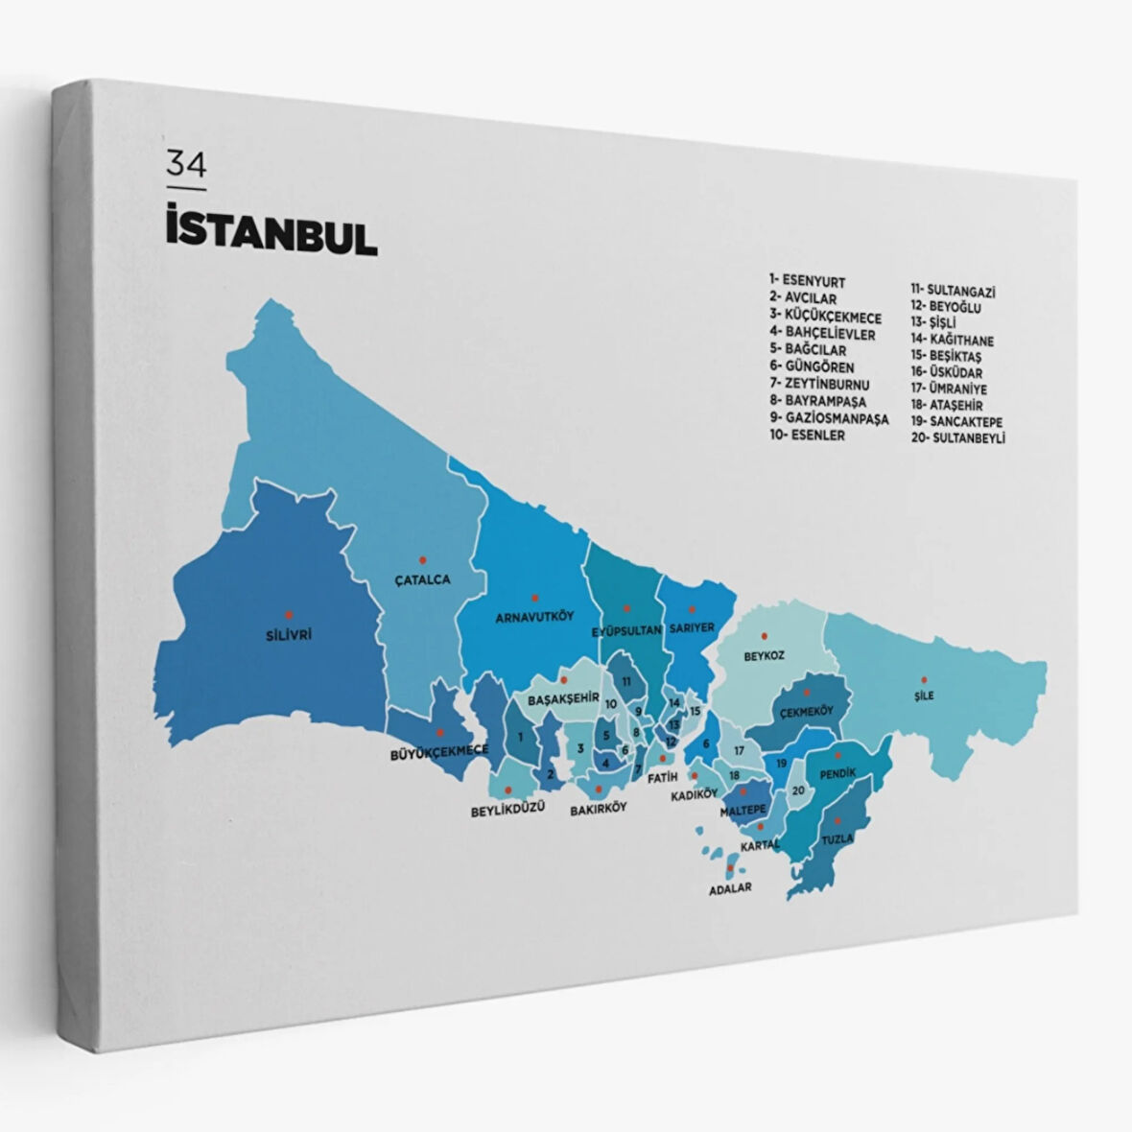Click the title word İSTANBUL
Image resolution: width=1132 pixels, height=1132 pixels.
coord(271,234)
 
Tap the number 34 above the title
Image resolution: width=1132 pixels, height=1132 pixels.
coord(186,165)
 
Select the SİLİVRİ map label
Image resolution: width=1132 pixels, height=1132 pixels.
coord(289,634)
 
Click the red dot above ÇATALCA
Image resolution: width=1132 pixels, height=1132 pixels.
coord(421,558)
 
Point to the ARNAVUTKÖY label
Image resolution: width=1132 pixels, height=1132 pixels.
coord(534,616)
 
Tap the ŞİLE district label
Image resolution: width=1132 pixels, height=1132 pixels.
coord(924,696)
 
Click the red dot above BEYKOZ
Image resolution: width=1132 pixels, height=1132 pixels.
coord(765,635)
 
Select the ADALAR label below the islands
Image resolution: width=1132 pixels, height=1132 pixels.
coord(730,888)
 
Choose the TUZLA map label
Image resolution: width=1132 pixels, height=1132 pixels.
coord(837,838)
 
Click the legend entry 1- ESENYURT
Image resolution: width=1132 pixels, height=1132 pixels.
coord(807,281)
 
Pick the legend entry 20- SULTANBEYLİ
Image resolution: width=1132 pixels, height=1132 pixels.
coord(958,438)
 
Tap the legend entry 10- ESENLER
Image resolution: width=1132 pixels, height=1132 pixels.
coord(807,435)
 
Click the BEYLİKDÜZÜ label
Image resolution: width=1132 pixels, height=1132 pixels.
coord(507,809)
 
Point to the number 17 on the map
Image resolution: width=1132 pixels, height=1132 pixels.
coord(739,750)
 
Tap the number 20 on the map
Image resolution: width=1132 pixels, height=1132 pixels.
coord(798,790)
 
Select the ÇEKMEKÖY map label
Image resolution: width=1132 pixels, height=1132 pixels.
coord(804,711)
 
